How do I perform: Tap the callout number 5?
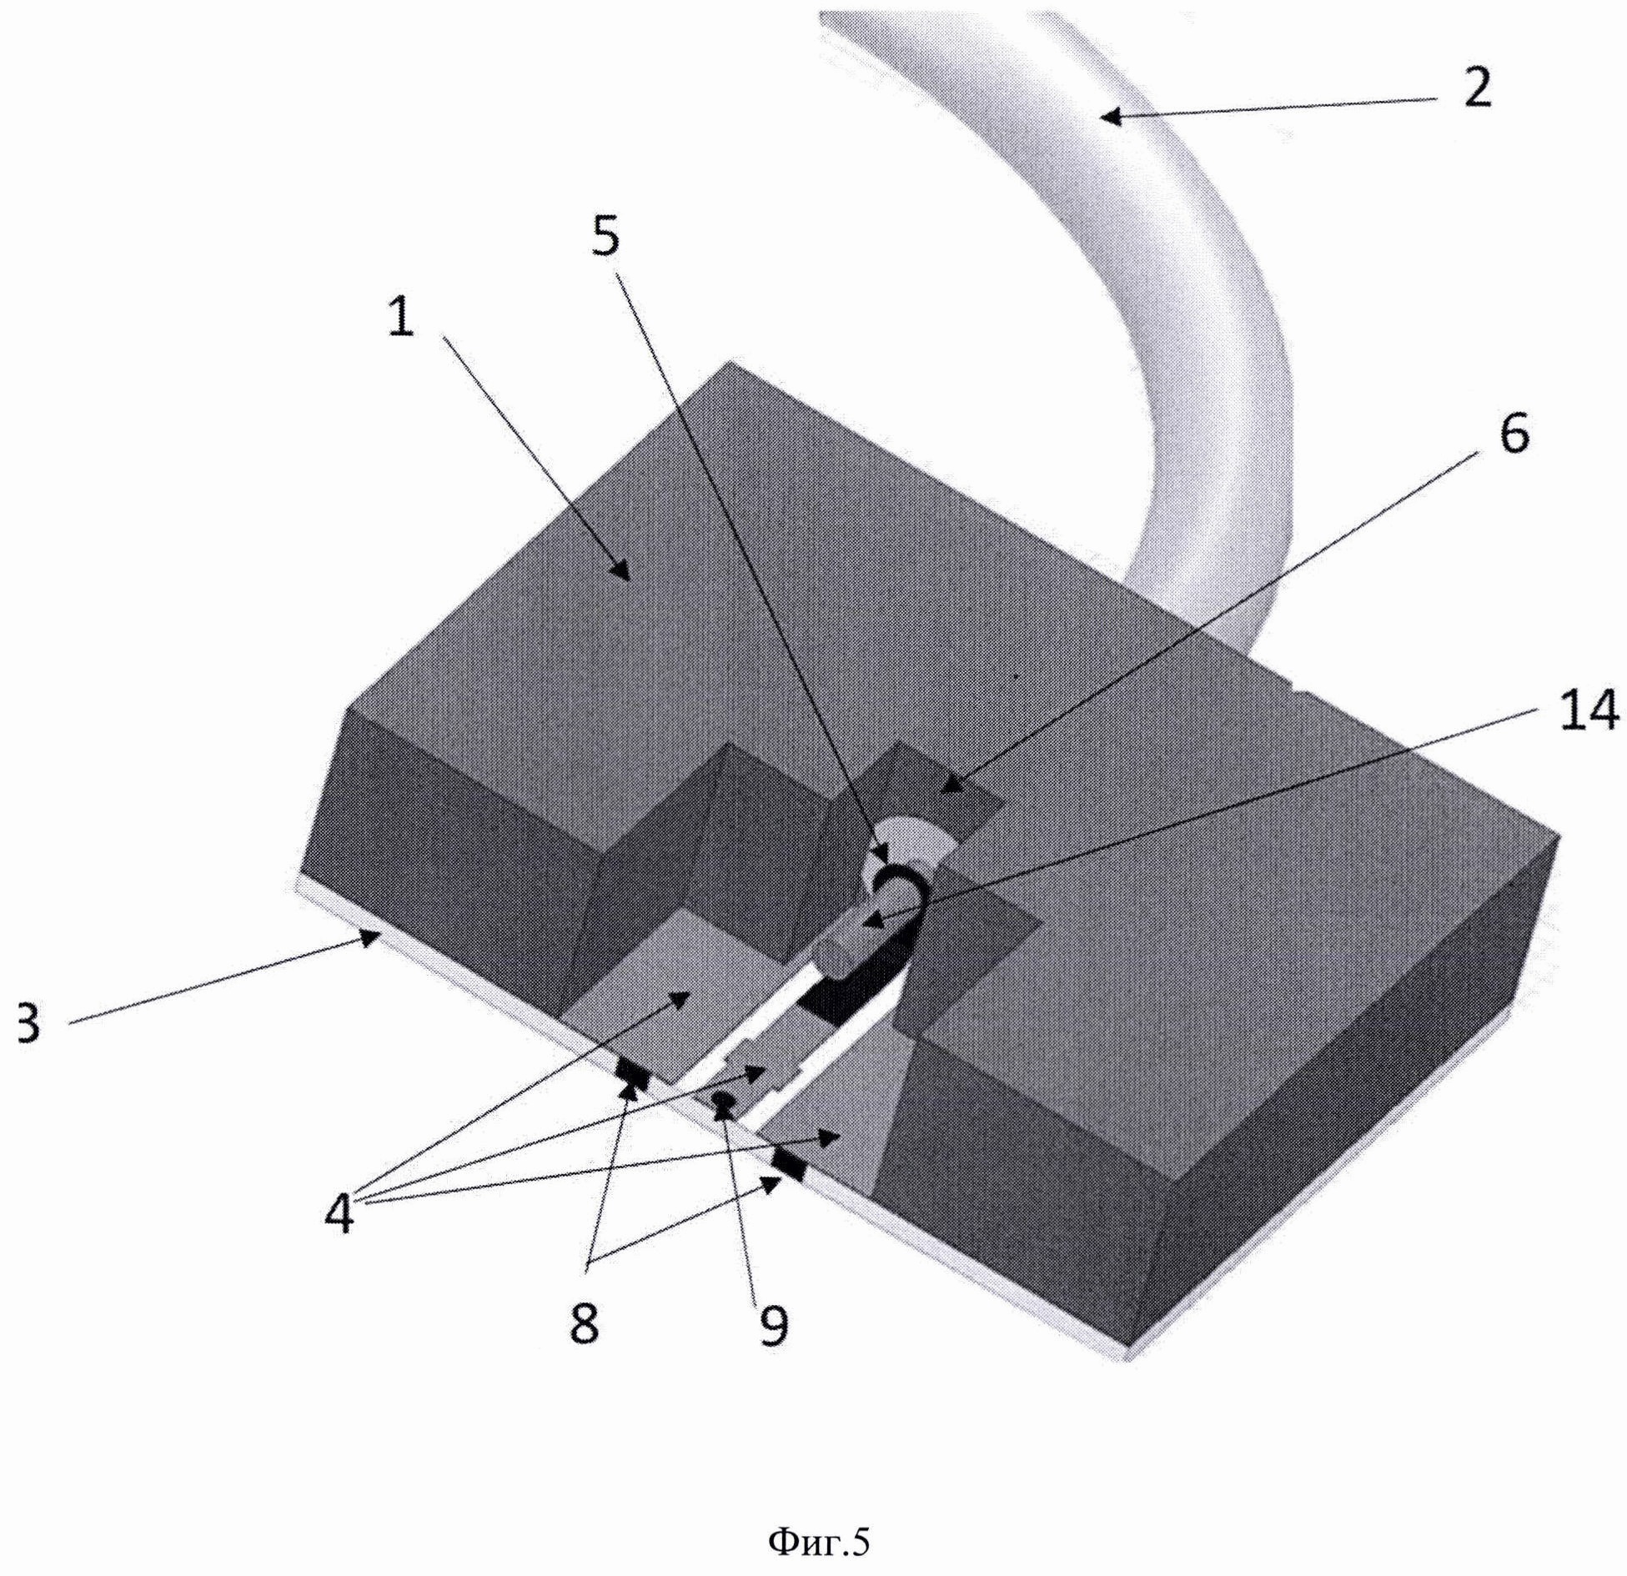[x=607, y=237]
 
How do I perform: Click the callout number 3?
[x=27, y=1024]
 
